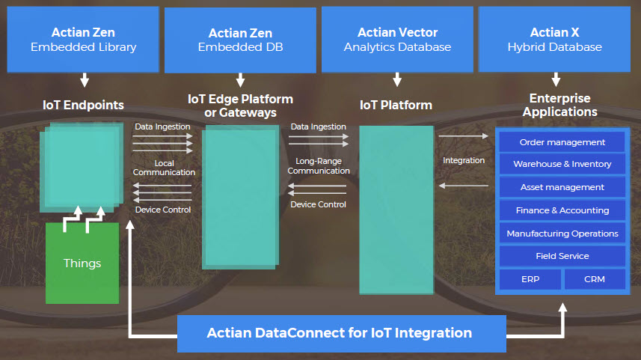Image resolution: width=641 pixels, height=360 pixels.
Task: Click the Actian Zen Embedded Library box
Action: pyautogui.click(x=83, y=39)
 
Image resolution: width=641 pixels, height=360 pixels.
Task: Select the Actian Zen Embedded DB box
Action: pyautogui.click(x=240, y=40)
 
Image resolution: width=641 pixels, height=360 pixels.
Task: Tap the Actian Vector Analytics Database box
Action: pyautogui.click(x=397, y=39)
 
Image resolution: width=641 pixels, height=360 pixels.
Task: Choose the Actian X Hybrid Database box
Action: pyautogui.click(x=555, y=39)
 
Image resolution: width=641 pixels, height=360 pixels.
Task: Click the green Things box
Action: pyautogui.click(x=82, y=263)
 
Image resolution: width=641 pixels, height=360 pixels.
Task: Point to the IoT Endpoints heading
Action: pyautogui.click(x=83, y=105)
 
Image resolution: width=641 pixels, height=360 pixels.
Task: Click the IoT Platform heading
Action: pyautogui.click(x=396, y=105)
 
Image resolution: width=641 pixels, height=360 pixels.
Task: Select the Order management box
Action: pyautogui.click(x=562, y=142)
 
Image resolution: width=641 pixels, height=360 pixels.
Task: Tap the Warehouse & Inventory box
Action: pyautogui.click(x=562, y=164)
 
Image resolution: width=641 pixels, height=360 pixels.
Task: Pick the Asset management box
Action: pyautogui.click(x=562, y=187)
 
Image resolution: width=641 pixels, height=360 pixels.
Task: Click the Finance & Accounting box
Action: pyautogui.click(x=562, y=210)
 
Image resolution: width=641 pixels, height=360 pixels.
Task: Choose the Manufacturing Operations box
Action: pyautogui.click(x=562, y=234)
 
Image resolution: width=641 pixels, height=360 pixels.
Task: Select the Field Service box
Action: pyautogui.click(x=562, y=256)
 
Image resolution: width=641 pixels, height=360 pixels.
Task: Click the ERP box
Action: pyautogui.click(x=530, y=279)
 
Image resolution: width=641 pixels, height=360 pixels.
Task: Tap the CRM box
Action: pyautogui.click(x=595, y=279)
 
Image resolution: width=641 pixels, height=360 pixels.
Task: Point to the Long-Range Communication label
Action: pyautogui.click(x=319, y=165)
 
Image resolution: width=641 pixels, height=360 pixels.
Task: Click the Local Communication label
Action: pyautogui.click(x=164, y=168)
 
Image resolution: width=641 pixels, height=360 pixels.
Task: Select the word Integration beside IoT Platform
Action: pyautogui.click(x=464, y=160)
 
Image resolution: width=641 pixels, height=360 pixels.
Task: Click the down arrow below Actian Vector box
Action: pyautogui.click(x=397, y=79)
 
